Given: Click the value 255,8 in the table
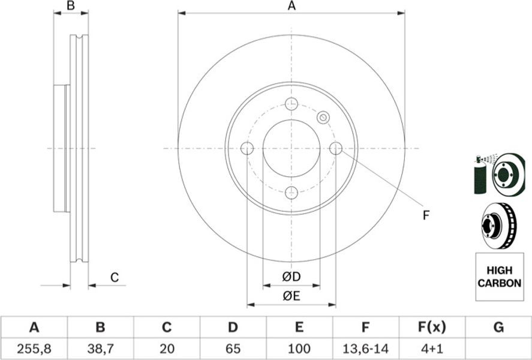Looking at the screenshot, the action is (x=34, y=349).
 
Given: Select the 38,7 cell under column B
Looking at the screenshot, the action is (x=100, y=349).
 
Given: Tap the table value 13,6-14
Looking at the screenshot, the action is (x=365, y=349).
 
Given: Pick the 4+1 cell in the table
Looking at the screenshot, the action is (x=431, y=349).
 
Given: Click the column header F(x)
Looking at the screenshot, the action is (x=431, y=328).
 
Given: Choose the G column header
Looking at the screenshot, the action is (x=498, y=328).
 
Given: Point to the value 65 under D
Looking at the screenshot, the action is (x=233, y=349).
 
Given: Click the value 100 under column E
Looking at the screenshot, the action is (x=299, y=349).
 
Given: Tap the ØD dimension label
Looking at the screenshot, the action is (x=291, y=277).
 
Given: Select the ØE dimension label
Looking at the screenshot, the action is (x=291, y=296).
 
